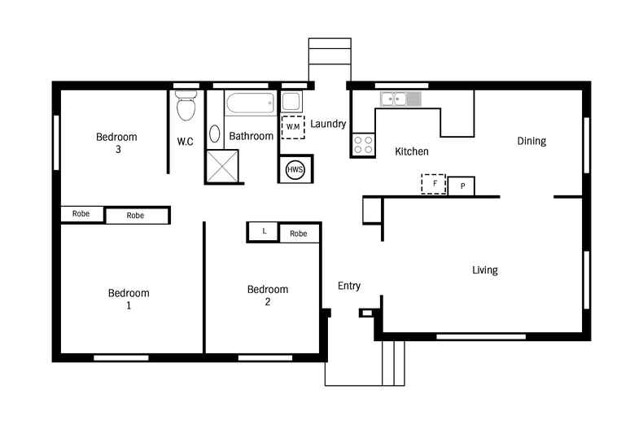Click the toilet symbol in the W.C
186,106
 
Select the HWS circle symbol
295,169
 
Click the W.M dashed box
293,127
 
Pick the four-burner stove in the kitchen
363,145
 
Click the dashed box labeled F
433,184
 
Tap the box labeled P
461,186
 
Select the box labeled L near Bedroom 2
263,232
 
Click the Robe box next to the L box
299,234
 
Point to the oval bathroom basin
215,134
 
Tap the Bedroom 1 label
129,299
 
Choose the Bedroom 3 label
116,142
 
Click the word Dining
531,141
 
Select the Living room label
485,270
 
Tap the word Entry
349,286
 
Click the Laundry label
329,125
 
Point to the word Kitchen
412,151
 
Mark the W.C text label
185,142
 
